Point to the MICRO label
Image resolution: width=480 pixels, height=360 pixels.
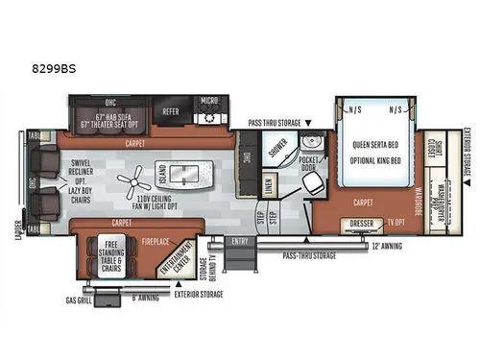(x=209, y=100)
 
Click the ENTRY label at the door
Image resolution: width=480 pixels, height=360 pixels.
(x=239, y=241)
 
